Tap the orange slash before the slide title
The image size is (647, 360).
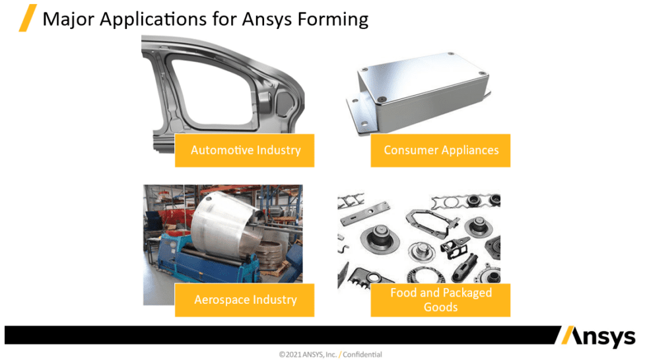tap(27, 18)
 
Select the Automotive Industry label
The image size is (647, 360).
tap(245, 151)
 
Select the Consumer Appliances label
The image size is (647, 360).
tap(440, 151)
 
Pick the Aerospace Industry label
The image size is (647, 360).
tap(245, 300)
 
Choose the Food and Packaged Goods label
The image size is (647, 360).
tap(440, 300)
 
